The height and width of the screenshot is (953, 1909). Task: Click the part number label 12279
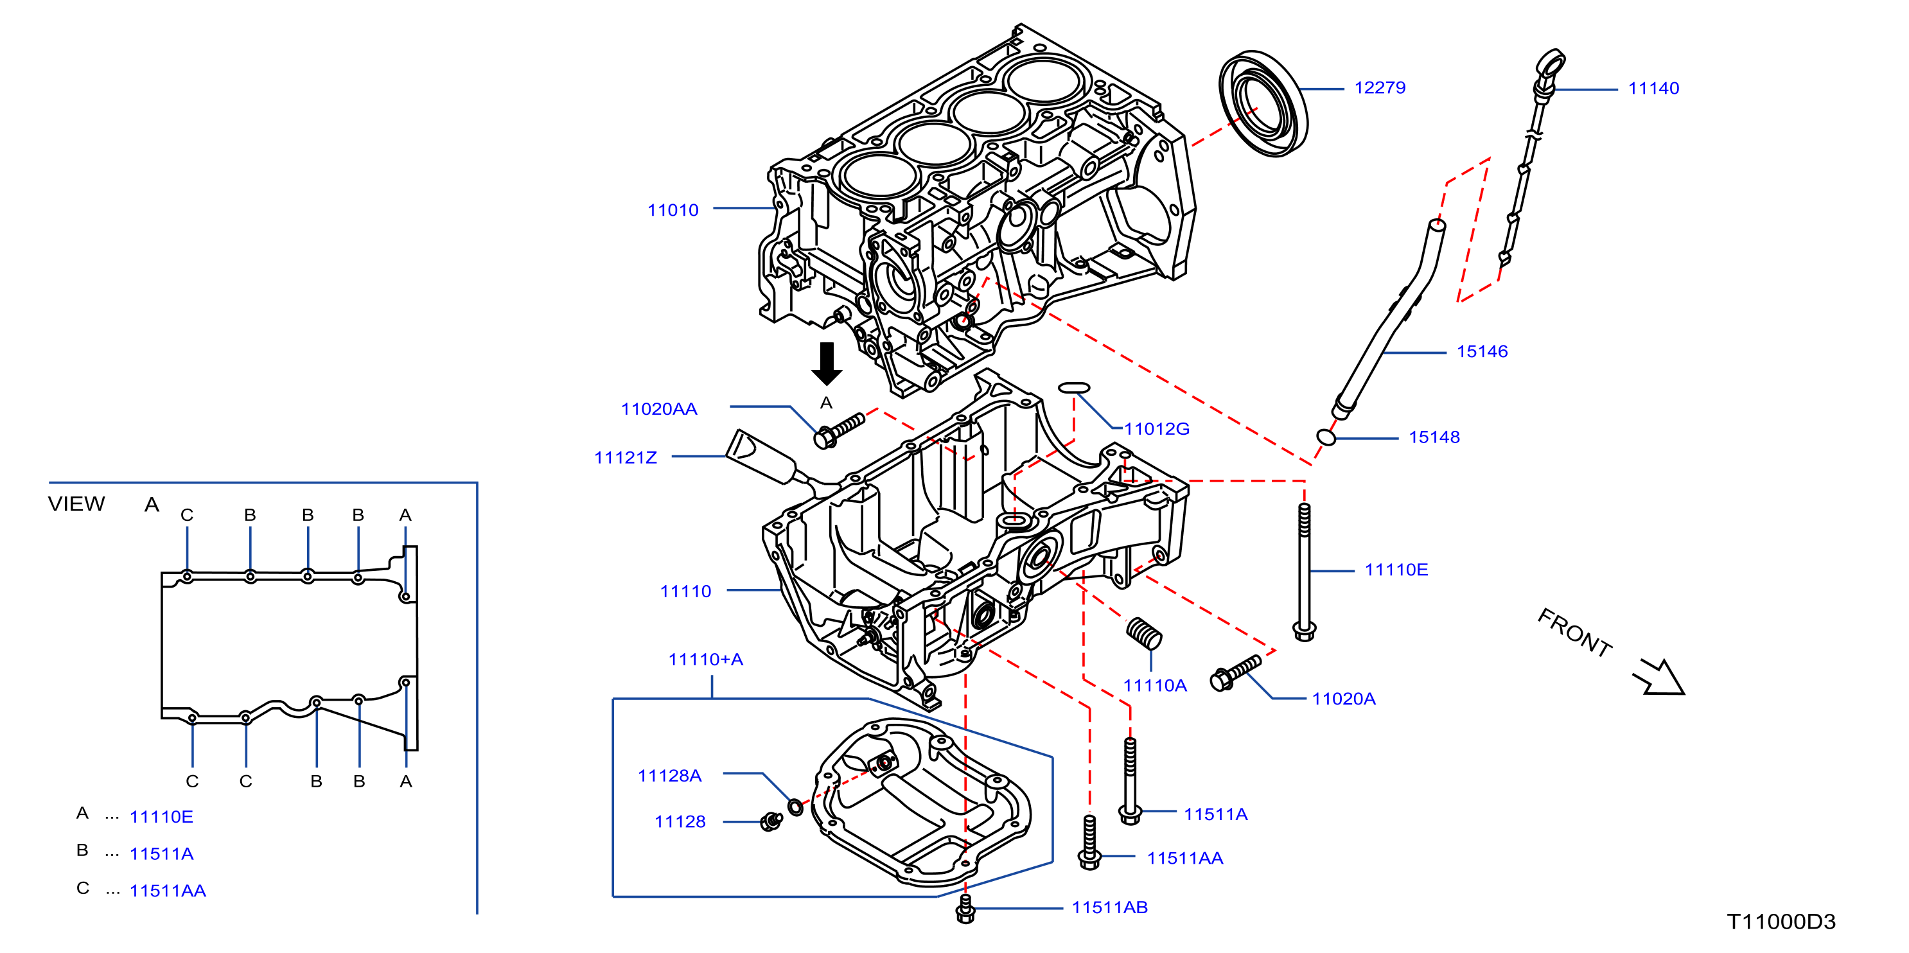click(1379, 87)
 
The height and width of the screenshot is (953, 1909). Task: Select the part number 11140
click(1653, 88)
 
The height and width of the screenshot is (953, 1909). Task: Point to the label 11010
click(673, 210)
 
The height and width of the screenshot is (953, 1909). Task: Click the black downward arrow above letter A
click(826, 363)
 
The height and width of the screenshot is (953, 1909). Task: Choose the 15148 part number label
click(1434, 437)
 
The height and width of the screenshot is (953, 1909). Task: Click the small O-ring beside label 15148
click(1326, 437)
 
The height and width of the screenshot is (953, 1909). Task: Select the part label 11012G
click(1156, 428)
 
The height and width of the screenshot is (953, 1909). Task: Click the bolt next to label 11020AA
click(839, 430)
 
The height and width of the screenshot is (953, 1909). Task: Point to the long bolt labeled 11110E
click(1305, 572)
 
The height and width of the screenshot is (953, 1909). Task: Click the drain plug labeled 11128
click(771, 821)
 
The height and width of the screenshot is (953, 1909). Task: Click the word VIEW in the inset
click(76, 504)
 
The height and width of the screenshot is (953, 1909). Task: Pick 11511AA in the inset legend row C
click(168, 891)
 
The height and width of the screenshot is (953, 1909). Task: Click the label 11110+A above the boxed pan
click(705, 659)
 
